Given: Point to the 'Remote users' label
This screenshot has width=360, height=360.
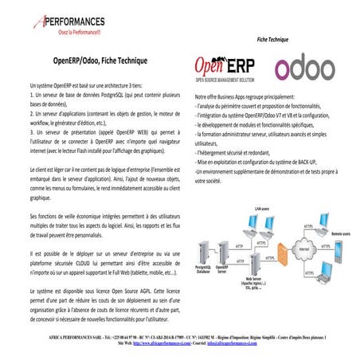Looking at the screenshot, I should click(x=340, y=234).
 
